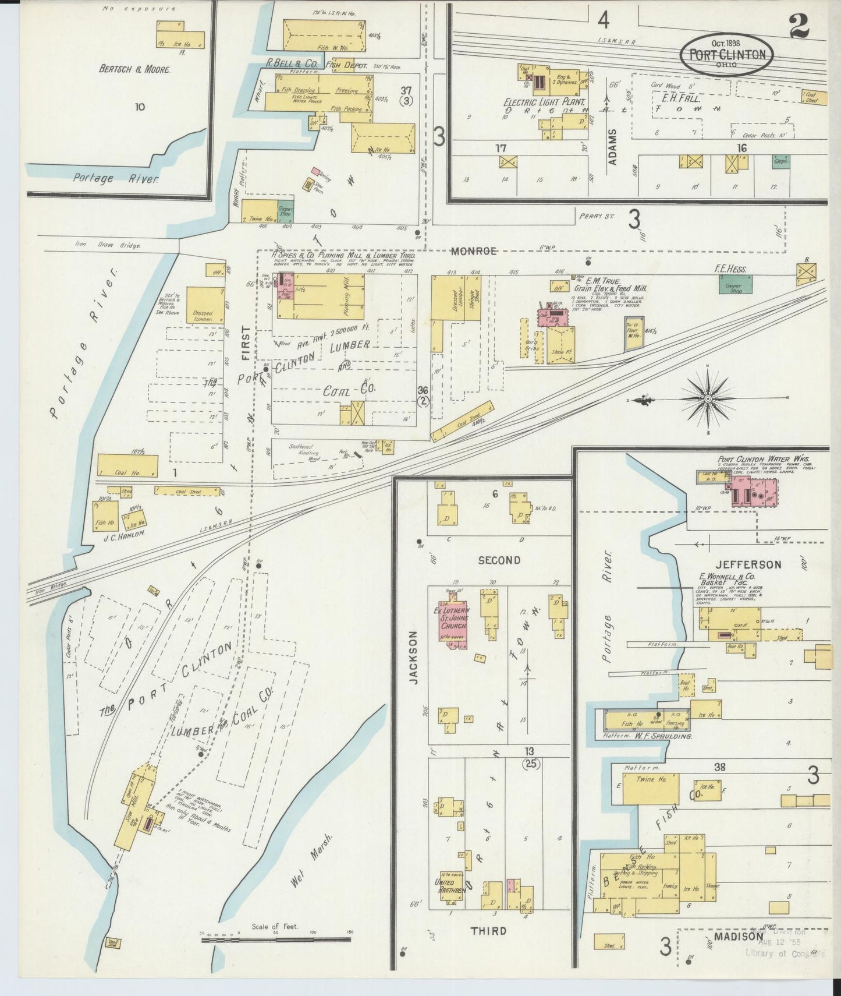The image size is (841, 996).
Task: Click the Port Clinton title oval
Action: tap(727, 54)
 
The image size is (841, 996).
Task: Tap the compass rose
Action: tap(707, 398)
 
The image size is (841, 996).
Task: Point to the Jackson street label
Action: tap(413, 656)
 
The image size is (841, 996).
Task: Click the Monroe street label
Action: tap(474, 252)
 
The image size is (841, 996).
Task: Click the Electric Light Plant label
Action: tap(536, 101)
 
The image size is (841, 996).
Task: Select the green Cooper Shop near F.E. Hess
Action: tap(734, 285)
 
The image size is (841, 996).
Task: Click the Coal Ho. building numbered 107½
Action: tap(127, 467)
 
